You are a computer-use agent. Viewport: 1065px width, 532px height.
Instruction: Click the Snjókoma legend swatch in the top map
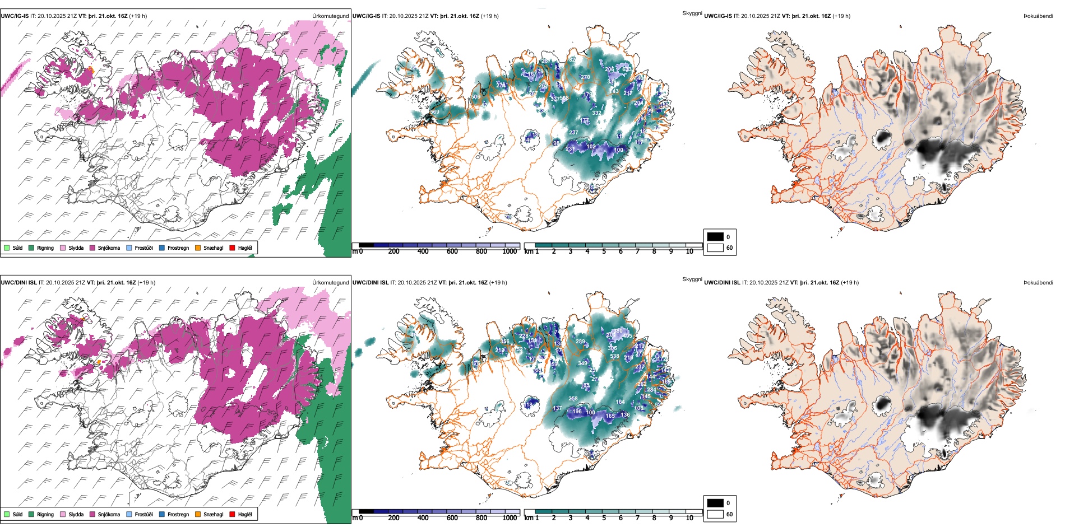point(93,248)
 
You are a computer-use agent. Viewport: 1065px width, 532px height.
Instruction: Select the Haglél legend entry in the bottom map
point(233,514)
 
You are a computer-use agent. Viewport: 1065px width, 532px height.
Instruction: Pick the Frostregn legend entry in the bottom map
point(162,514)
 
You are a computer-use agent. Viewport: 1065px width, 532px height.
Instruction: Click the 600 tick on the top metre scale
point(452,251)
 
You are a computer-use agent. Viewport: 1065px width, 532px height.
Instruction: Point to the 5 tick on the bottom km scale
point(604,518)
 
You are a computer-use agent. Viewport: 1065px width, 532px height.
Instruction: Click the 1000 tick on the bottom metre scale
point(510,518)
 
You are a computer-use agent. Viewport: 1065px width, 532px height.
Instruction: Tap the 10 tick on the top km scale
point(689,251)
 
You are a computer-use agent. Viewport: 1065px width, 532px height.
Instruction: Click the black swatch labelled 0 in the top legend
point(715,237)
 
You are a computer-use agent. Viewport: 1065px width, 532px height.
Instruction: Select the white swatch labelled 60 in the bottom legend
point(715,514)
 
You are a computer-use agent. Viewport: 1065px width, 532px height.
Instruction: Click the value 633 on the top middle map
point(627,69)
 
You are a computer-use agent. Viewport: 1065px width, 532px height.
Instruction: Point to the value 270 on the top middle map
point(585,77)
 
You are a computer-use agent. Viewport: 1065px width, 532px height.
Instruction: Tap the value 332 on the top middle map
point(596,113)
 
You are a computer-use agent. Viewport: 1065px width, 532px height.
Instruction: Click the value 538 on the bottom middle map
point(614,356)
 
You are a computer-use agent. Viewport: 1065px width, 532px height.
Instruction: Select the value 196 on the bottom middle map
point(577,412)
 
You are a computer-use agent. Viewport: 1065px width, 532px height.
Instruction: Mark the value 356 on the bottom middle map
point(505,342)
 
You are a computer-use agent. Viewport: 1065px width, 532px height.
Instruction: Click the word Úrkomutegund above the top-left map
point(331,16)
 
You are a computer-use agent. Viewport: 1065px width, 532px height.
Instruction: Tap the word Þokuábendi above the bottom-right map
point(1038,283)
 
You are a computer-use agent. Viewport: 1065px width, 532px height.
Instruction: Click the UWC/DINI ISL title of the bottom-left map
point(18,283)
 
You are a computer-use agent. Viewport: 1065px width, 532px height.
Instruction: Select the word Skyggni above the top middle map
point(692,13)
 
